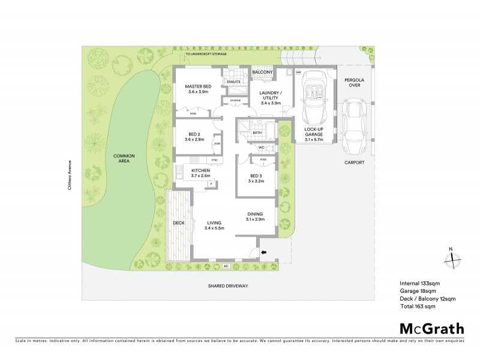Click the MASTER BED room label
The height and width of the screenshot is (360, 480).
click(197, 89)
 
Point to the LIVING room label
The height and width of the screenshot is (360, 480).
click(214, 225)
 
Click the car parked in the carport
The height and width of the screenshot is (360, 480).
click(354, 126)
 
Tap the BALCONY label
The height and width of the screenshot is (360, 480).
click(262, 73)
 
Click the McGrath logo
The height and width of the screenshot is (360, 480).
click(431, 328)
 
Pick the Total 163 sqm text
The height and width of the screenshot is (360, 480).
click(417, 306)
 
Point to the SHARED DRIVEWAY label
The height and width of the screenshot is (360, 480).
click(228, 286)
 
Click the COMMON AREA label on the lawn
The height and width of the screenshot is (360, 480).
click(124, 159)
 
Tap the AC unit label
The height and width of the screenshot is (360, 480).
click(226, 265)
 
